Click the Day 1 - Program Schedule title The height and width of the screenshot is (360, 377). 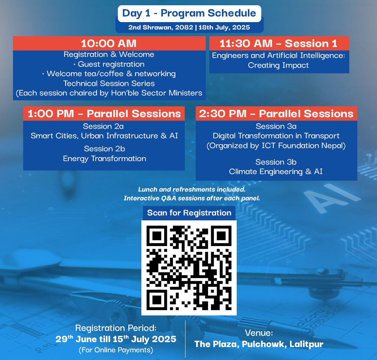[189, 13]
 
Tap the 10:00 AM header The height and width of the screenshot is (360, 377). [109, 44]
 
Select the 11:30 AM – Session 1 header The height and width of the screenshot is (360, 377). [278, 44]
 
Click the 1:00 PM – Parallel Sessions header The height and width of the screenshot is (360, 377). [104, 113]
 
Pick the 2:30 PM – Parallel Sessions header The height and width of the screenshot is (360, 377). [276, 113]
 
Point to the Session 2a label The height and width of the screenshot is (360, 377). [103, 126]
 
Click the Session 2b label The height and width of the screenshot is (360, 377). [105, 149]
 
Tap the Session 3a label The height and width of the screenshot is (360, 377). [276, 126]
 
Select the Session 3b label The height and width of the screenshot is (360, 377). [276, 162]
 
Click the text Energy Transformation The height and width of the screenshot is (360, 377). [105, 159]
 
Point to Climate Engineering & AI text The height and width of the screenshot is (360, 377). [276, 172]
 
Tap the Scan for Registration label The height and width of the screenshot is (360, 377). [189, 213]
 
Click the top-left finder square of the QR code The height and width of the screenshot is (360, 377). [157, 236]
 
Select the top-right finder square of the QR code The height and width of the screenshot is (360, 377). [221, 236]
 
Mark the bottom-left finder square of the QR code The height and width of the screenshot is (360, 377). [157, 300]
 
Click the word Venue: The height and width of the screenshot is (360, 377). [259, 333]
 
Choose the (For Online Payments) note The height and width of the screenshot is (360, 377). [116, 350]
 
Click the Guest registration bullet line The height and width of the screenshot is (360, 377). [109, 64]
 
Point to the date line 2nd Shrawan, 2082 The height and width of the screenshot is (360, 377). [161, 27]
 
